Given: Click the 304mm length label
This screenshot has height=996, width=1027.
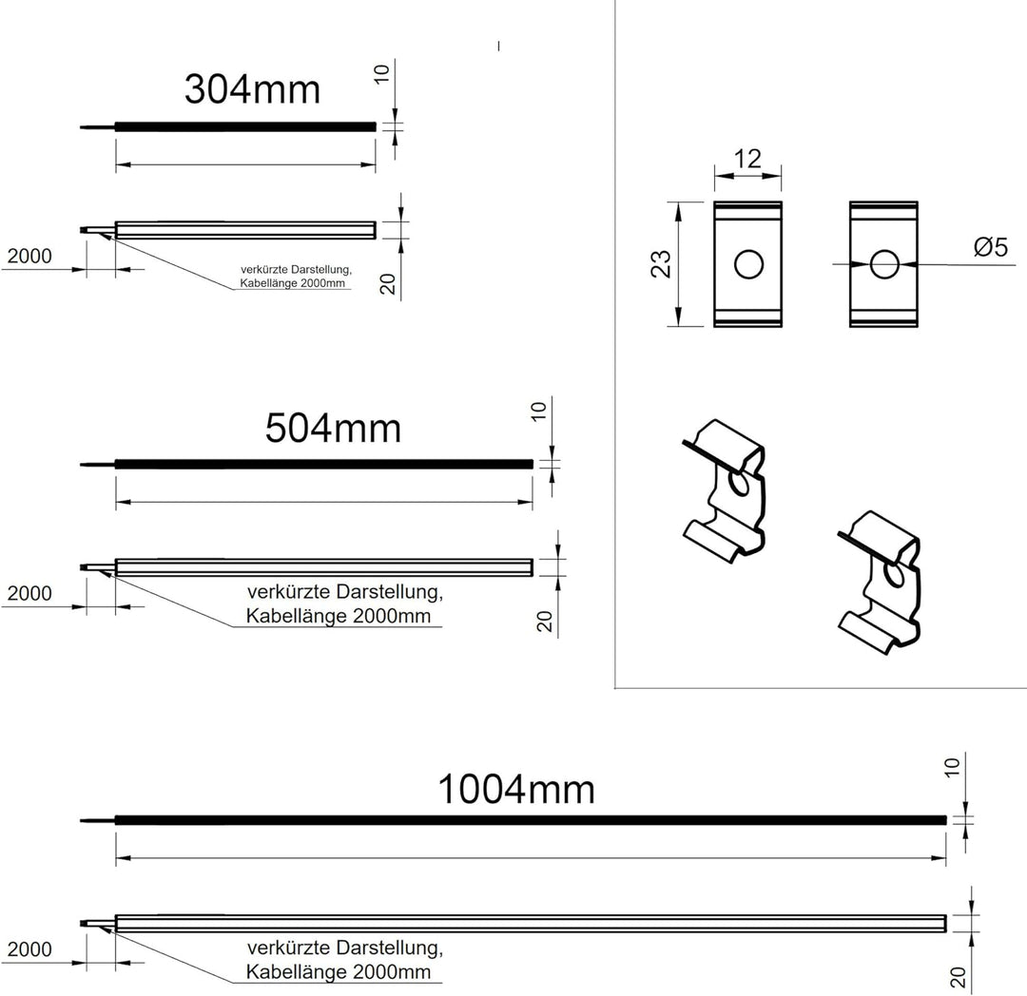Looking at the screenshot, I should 252,89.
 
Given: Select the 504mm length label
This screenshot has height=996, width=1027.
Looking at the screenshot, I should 333,429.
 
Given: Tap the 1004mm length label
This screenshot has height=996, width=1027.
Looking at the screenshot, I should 516,789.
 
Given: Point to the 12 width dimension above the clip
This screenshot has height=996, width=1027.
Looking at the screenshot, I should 748,159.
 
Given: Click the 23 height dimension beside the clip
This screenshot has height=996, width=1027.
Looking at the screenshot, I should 662,263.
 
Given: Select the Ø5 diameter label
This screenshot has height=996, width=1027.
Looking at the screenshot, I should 990,247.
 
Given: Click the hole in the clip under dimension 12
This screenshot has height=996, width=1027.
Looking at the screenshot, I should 747,265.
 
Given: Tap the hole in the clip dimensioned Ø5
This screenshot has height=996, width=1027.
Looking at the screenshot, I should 883,264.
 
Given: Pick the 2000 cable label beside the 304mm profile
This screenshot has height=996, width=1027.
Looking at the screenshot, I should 29,256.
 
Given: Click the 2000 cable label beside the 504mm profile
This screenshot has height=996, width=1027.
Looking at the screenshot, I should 29,594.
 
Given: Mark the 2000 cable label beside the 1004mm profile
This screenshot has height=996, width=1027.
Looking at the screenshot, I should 29,949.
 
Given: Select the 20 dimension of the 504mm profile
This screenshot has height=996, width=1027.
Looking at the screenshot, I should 546,622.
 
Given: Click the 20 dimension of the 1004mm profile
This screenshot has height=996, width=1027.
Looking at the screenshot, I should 959,977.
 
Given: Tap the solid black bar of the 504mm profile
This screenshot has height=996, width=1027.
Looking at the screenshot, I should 323,464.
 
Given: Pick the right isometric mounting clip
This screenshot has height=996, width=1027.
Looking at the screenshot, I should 881,580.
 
